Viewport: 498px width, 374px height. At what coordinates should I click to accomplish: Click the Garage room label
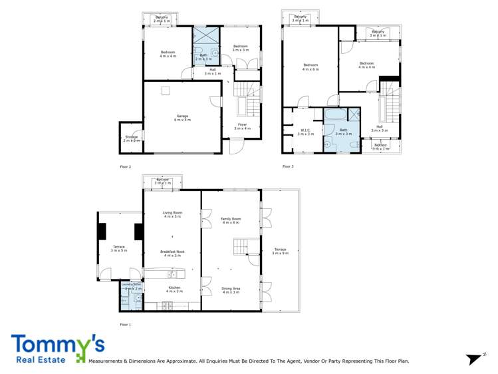[182, 118]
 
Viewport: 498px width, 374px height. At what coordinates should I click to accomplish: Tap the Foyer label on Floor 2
[243, 126]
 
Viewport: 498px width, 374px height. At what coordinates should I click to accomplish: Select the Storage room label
[131, 138]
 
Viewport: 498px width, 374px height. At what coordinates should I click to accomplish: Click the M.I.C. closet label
[306, 132]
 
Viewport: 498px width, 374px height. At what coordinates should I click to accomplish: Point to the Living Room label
[172, 214]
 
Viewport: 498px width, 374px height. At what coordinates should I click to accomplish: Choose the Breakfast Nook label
[172, 253]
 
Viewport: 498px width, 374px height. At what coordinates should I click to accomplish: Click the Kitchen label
[174, 289]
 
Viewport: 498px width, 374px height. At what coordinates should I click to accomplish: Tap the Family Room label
[231, 220]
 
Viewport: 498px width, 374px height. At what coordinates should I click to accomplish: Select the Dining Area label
[231, 290]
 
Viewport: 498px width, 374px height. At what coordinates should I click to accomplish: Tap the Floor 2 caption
[125, 166]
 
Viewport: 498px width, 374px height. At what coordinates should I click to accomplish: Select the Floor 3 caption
[288, 166]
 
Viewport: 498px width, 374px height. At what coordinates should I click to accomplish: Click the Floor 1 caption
[125, 325]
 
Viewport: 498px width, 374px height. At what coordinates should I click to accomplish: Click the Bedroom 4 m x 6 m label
[311, 67]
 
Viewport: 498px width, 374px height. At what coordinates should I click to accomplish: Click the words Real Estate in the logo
[38, 360]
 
